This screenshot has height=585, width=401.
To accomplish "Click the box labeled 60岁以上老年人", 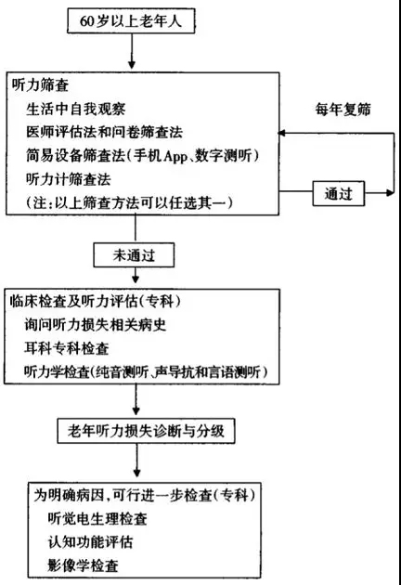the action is (131, 20).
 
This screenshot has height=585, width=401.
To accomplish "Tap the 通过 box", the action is (338, 193).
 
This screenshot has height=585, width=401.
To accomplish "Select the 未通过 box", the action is (134, 255).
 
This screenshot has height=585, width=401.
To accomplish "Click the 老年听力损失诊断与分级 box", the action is (146, 431).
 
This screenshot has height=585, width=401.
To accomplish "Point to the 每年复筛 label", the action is (343, 110).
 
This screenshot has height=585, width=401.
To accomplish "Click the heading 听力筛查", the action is (40, 85).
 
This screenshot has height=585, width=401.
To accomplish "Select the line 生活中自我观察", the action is (76, 109).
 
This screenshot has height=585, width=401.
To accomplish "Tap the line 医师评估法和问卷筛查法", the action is (105, 132).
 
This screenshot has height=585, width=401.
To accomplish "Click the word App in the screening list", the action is (175, 156).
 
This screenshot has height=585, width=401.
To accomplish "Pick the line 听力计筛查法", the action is (69, 179).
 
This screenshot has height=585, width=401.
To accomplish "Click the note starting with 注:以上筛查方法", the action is (129, 202).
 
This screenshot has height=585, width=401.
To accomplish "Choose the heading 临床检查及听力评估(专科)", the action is (95, 301).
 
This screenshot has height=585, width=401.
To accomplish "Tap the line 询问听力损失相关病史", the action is (95, 325).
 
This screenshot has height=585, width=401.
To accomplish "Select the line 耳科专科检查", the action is (67, 348).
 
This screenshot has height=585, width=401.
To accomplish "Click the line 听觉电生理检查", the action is (97, 518).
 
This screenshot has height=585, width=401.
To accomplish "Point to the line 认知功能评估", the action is (90, 541).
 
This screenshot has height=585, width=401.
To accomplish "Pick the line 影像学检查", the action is (84, 565).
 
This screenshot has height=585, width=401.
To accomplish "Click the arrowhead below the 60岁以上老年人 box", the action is (131, 64).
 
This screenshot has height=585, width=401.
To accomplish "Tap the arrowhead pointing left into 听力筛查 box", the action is (282, 133).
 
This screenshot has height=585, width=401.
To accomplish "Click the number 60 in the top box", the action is (87, 20).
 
